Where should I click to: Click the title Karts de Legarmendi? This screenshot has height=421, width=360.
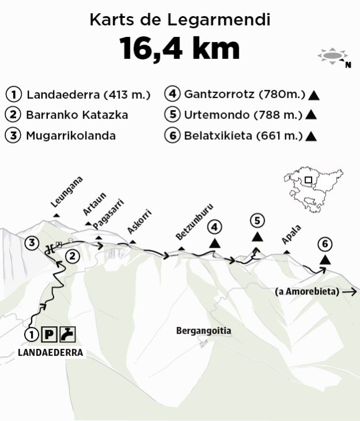tap(180, 20)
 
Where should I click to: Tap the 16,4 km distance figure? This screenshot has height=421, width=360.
tap(179, 49)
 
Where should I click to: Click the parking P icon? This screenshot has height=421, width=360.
tap(50, 334)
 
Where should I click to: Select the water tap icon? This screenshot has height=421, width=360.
tap(68, 334)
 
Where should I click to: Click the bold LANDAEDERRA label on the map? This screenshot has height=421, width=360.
tap(51, 352)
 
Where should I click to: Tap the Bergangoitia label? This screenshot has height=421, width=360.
tap(204, 331)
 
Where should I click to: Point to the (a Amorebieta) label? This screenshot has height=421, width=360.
tap(307, 291)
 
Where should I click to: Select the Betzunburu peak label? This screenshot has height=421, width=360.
tap(187, 229)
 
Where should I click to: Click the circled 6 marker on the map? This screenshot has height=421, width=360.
tap(325, 244)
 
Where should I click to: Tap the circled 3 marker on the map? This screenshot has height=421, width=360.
tap(32, 243)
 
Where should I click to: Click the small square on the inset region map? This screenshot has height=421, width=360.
tap(309, 180)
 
